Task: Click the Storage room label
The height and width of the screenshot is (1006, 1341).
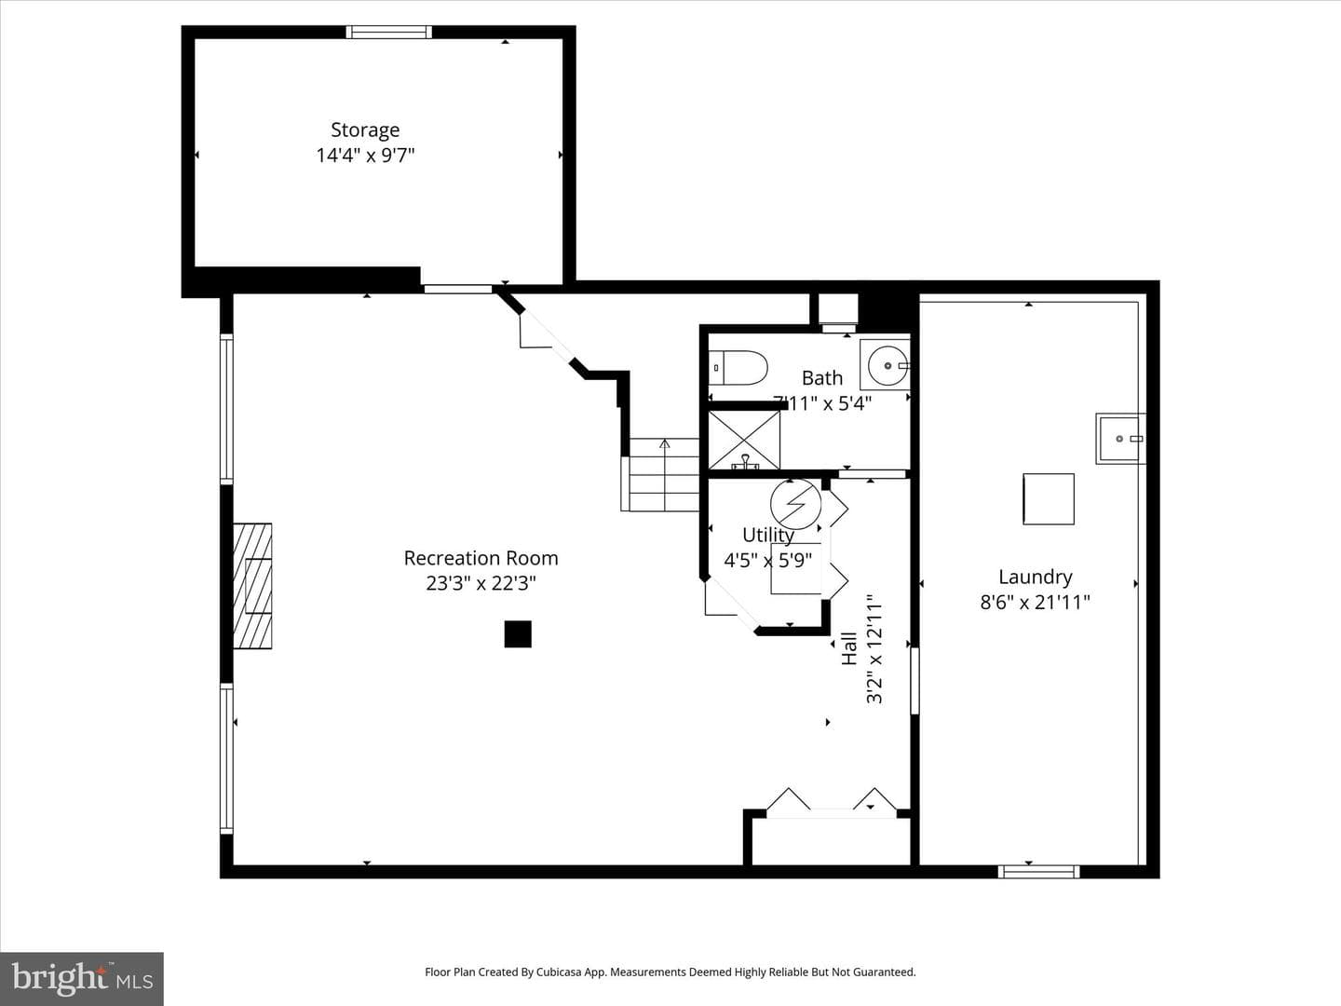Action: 365,130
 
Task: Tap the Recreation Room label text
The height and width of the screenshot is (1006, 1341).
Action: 481,558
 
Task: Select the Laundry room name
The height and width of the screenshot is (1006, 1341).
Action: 1035,578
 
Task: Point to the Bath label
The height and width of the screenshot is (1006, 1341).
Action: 821,378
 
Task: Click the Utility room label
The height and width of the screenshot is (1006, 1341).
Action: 768,535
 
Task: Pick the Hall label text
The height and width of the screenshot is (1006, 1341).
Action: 849,648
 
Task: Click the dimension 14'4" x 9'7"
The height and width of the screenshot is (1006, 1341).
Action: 365,156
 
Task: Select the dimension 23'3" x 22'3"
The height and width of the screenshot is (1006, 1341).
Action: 481,583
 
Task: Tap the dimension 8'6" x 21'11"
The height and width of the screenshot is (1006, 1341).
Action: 1035,603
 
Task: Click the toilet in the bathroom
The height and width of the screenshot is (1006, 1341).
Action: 738,368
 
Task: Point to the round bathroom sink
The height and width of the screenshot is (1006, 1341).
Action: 886,365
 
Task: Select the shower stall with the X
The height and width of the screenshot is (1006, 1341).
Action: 744,440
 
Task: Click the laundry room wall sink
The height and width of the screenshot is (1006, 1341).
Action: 1120,439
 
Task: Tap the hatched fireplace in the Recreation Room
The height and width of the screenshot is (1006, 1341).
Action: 252,586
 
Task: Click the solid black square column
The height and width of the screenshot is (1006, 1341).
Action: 518,634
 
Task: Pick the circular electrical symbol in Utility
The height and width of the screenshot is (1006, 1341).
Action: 795,504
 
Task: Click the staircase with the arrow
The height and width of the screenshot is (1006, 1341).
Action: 660,475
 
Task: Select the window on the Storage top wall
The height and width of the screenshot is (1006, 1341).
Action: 388,33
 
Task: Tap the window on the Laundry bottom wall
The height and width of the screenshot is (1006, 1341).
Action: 1038,872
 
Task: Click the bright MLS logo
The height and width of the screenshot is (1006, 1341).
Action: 82,978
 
